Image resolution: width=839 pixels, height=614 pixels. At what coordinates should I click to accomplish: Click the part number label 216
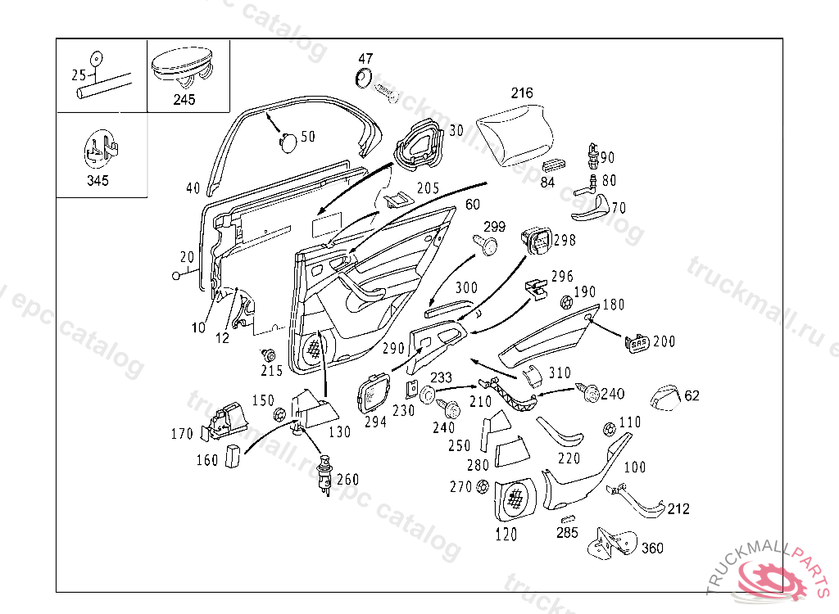point(522,93)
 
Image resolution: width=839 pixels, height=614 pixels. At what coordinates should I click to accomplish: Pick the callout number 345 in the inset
point(98,180)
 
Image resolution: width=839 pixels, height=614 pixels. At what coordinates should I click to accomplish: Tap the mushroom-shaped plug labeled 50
point(288,142)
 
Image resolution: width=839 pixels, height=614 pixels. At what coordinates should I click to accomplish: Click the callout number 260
point(347,480)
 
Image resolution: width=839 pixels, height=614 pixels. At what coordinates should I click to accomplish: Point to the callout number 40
point(193,188)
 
